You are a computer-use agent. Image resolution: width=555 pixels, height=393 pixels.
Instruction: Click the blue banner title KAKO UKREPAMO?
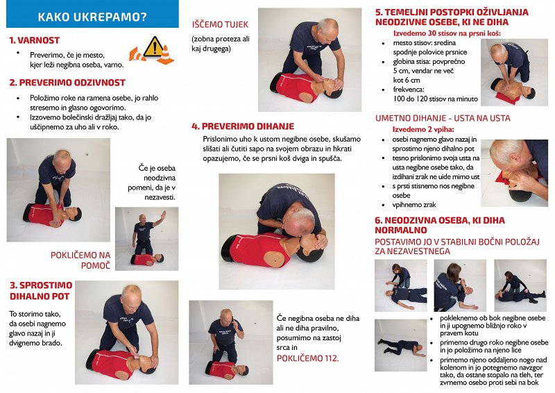pyautogui.click(x=92, y=17)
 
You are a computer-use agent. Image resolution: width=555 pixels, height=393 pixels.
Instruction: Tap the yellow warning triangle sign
pyautogui.click(x=153, y=47)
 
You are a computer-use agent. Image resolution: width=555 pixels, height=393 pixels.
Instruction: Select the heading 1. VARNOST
pyautogui.click(x=34, y=40)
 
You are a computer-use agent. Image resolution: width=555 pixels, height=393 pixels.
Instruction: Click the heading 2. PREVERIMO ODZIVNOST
pyautogui.click(x=67, y=83)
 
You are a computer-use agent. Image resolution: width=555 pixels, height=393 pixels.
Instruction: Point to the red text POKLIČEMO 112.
pyautogui.click(x=307, y=358)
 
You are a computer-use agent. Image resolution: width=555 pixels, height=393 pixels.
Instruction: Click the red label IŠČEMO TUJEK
pyautogui.click(x=220, y=24)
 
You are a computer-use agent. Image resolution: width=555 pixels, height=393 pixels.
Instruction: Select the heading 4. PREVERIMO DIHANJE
pyautogui.click(x=243, y=126)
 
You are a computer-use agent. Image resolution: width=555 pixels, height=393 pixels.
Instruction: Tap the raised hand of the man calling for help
pyautogui.click(x=163, y=214)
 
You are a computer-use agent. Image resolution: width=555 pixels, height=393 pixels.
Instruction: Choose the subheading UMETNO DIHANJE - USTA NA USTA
pyautogui.click(x=443, y=118)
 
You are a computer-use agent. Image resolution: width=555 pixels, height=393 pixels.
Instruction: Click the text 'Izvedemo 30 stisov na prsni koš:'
pyautogui.click(x=447, y=33)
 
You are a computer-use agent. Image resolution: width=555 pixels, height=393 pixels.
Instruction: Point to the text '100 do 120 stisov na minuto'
pyautogui.click(x=436, y=99)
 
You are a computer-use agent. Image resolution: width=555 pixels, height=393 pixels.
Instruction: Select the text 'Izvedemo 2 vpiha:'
pyautogui.click(x=423, y=129)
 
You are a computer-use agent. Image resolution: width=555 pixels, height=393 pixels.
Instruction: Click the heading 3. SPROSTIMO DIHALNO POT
pyautogui.click(x=41, y=291)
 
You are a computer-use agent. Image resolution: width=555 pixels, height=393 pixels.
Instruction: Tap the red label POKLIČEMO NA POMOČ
pyautogui.click(x=80, y=260)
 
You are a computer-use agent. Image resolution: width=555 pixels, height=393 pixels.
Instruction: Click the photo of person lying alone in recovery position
pyautogui.click(x=401, y=345)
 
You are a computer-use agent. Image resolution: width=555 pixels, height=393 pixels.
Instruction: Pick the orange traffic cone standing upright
pyautogui.click(x=165, y=55)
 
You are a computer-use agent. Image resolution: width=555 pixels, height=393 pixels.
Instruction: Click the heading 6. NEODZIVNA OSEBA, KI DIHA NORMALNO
pyautogui.click(x=440, y=225)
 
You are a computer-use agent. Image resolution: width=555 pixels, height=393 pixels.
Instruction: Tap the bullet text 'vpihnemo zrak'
pyautogui.click(x=414, y=205)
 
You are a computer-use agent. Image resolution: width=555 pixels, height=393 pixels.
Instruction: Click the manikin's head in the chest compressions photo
pyautogui.click(x=529, y=92)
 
